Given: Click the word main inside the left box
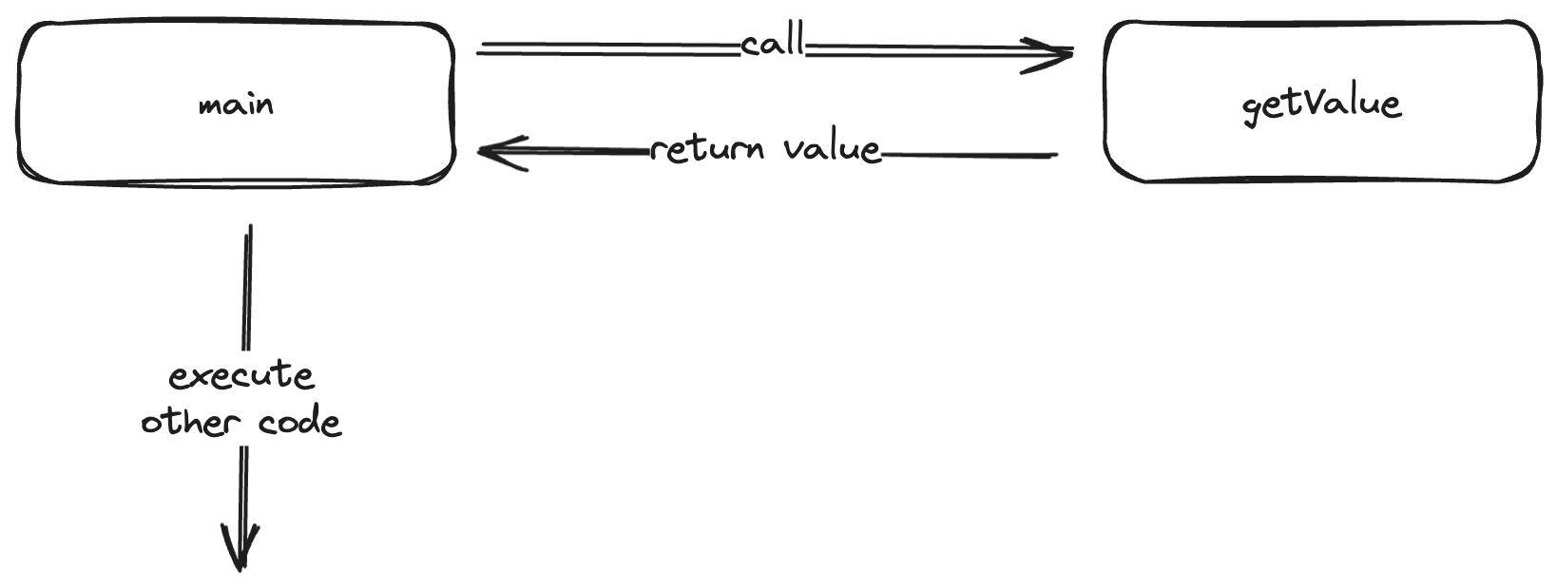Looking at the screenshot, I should (236, 104).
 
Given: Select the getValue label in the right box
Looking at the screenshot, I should (1321, 104).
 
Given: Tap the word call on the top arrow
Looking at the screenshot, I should (772, 44).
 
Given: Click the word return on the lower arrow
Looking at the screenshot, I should (707, 149).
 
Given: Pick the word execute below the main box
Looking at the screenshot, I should (241, 377).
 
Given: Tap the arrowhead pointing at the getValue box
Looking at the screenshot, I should (1055, 53).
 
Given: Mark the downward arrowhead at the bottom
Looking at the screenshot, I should (240, 551).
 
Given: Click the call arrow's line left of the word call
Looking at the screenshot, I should (608, 48).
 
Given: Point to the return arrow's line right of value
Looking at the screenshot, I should (970, 153).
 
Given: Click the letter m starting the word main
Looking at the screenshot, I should (209, 105).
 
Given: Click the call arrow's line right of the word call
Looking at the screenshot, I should (913, 49).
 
